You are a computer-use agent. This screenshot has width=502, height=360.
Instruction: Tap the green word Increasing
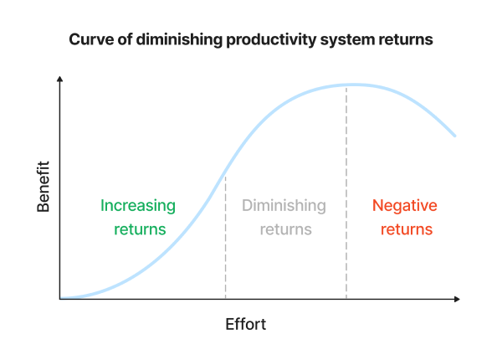coord(138,205)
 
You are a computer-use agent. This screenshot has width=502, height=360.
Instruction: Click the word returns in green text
coord(138,229)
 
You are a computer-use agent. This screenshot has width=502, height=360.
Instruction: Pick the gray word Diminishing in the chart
coord(284,205)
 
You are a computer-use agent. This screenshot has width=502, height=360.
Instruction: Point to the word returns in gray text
coord(284,229)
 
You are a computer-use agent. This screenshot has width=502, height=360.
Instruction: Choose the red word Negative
coord(404,205)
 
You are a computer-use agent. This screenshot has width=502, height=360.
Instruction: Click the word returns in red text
coord(404,229)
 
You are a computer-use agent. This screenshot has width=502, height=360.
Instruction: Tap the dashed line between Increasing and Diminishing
coord(225,251)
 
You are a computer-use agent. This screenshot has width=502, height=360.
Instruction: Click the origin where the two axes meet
coord(60,299)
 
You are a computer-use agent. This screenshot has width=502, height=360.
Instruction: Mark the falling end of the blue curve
coord(454,135)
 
